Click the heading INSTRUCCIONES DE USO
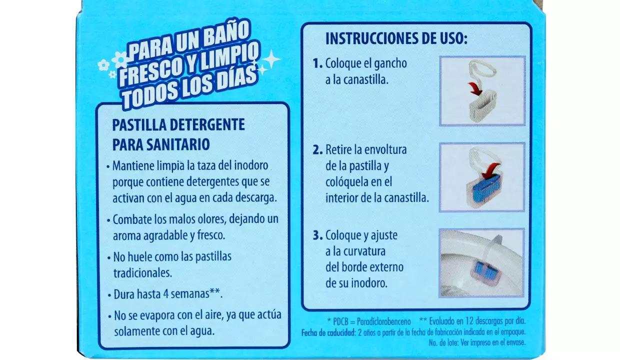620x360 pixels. coord(396,38)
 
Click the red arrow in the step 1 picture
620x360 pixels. coord(475,88)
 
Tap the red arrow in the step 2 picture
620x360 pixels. coord(490,170)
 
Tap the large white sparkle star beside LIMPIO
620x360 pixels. coord(271,59)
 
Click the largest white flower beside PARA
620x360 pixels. coord(120,59)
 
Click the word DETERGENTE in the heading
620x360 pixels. coord(207,125)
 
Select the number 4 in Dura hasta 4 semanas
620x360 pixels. coord(166,294)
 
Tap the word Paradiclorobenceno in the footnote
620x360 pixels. coord(383,321)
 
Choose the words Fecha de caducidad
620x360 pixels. coord(328,332)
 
